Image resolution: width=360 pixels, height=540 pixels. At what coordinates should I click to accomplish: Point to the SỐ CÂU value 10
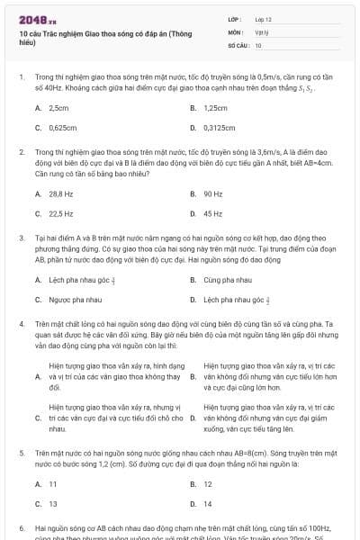(x=258, y=44)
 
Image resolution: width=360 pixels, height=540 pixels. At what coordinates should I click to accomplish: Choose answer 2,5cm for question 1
(x=58, y=108)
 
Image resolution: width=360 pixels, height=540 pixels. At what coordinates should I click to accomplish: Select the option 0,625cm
(x=62, y=128)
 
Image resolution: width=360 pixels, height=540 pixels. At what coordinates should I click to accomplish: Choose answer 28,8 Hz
(x=60, y=193)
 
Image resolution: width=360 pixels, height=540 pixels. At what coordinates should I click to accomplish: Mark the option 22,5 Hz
(x=60, y=213)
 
